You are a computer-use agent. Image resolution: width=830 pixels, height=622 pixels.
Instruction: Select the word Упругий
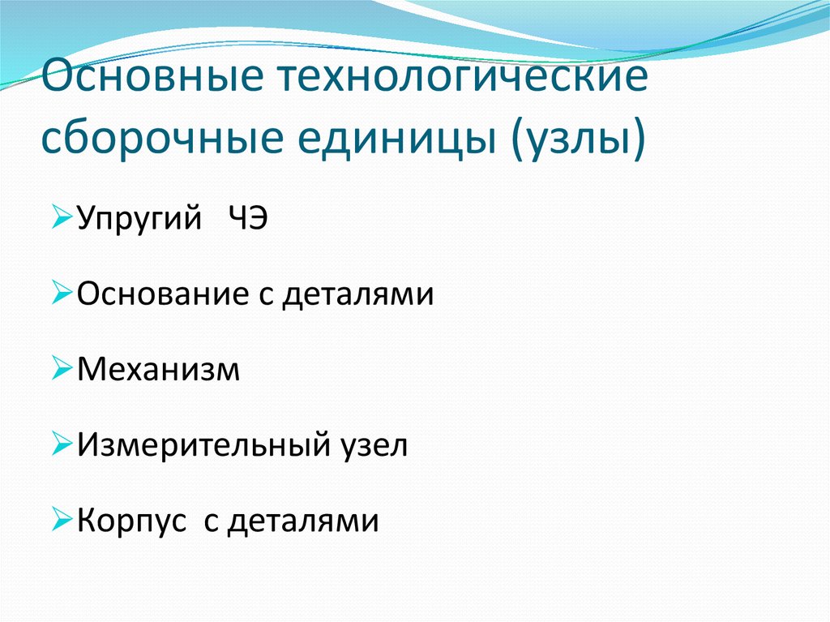[x=140, y=220]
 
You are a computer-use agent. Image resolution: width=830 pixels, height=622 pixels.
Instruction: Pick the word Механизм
[x=159, y=369]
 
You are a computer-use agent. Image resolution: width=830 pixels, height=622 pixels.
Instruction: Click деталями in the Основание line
[x=358, y=294]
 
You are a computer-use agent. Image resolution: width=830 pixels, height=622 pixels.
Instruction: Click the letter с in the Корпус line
[x=212, y=522]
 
